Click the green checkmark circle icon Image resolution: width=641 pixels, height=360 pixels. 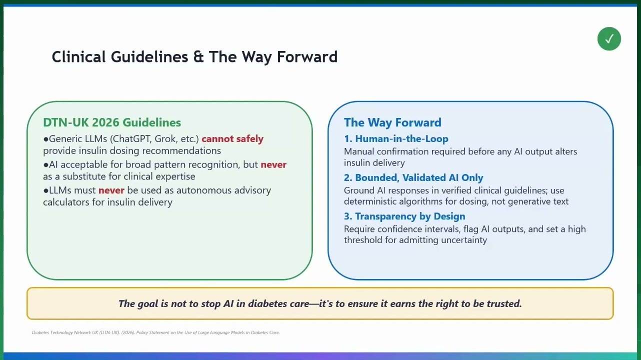coord(609,39)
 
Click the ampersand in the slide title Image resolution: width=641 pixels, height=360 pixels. coord(198,56)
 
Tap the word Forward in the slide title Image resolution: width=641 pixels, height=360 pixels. coord(307,56)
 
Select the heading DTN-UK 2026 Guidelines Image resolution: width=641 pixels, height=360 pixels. coord(112,122)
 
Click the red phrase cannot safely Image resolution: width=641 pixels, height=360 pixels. coord(232,139)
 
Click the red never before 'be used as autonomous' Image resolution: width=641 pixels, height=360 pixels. coord(111,190)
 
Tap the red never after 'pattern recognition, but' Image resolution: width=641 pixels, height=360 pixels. coord(273,164)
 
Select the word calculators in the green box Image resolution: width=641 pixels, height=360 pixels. coord(66,202)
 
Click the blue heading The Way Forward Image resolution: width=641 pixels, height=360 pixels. coord(392,122)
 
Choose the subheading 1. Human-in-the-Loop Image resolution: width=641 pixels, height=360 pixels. coord(396,139)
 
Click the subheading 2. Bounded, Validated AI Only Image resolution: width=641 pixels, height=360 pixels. coord(413,177)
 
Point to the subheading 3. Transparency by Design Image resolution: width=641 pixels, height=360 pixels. coord(404,216)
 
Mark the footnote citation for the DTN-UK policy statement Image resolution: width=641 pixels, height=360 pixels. coord(155,332)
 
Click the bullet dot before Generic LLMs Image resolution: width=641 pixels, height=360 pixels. coord(46,139)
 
